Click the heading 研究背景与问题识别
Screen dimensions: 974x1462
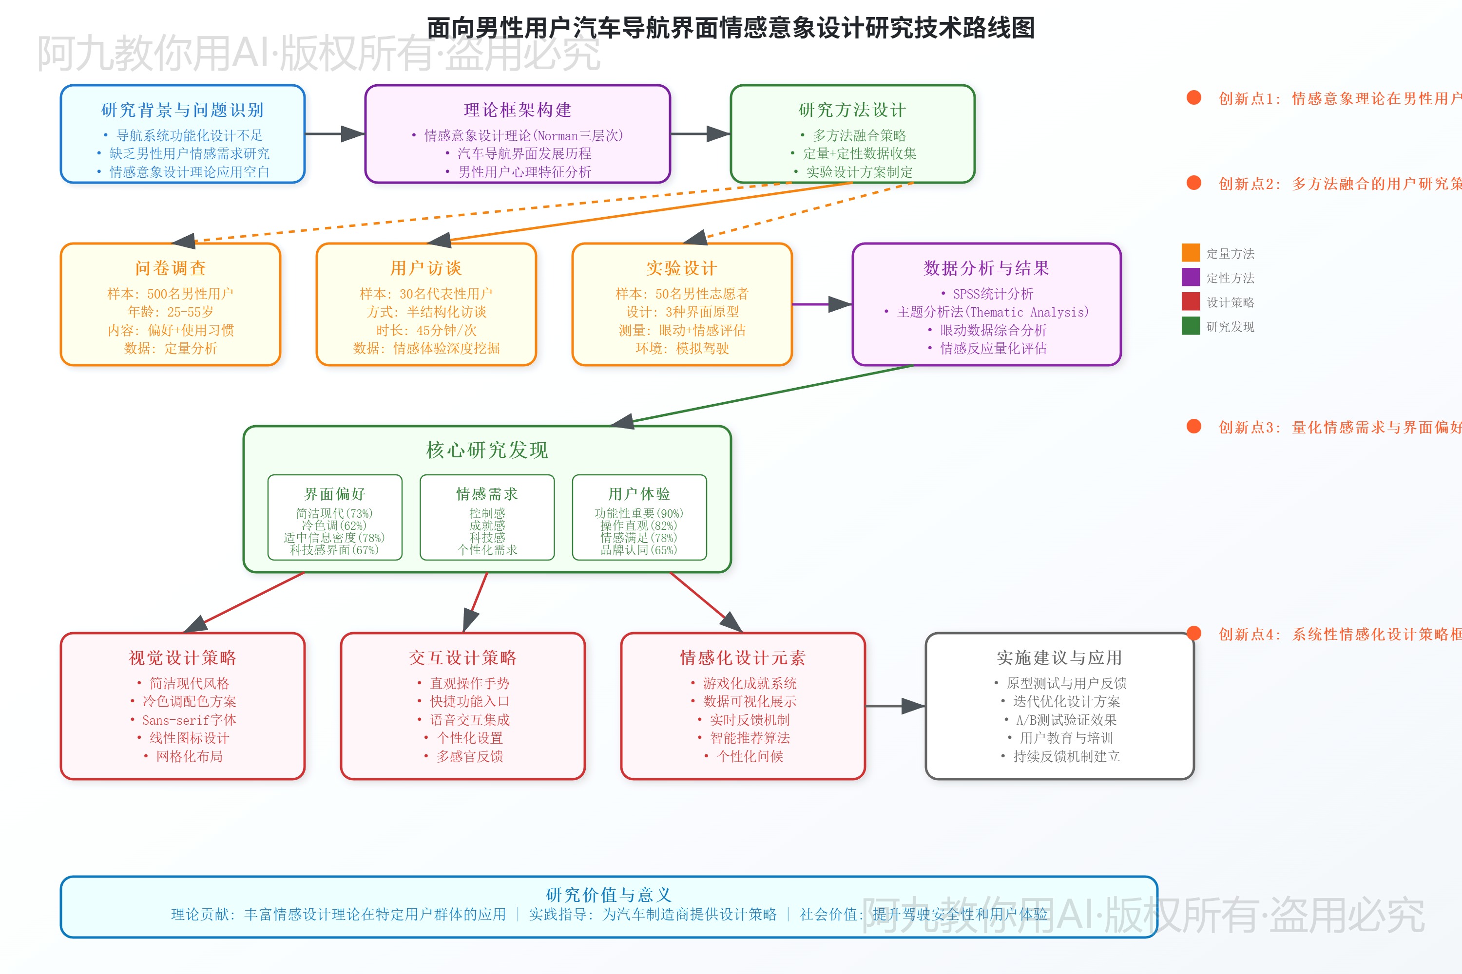coord(182,110)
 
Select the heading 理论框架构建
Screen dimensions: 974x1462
coord(517,110)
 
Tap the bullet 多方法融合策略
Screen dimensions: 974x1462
coord(859,135)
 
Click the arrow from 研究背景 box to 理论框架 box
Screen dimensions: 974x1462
coord(334,133)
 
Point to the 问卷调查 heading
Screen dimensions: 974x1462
coord(170,268)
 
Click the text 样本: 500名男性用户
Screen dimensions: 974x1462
coord(170,294)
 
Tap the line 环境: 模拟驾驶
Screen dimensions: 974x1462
coord(682,349)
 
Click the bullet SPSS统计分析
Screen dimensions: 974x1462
coord(993,294)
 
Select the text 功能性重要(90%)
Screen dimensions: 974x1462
coord(638,513)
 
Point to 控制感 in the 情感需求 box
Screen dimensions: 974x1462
coord(487,513)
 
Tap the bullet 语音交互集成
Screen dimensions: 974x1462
coord(469,720)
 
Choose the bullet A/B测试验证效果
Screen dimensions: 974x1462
coord(1066,720)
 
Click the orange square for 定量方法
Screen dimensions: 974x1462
coord(1191,253)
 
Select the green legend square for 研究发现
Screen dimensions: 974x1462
coord(1191,325)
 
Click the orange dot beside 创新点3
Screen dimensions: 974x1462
coord(1193,426)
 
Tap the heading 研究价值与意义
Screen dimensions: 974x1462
coord(609,895)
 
